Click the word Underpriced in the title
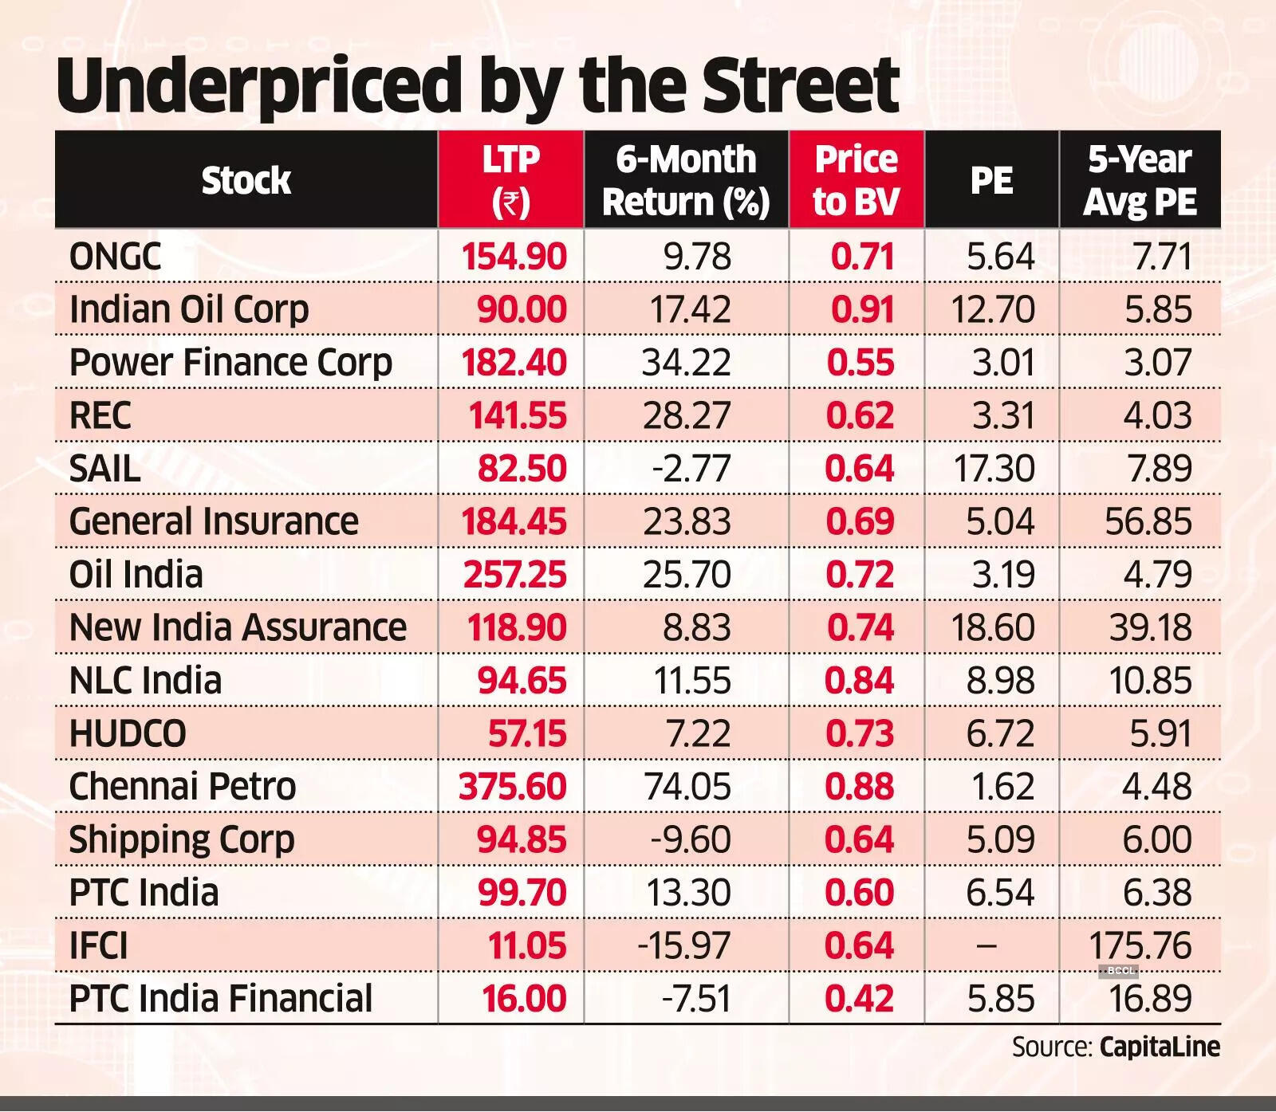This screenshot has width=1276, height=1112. point(259,86)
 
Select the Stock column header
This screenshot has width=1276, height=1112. point(246,181)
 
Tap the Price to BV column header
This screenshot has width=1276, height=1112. point(856,181)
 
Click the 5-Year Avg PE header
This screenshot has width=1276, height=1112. point(1140,181)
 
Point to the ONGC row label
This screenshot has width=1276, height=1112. point(116,257)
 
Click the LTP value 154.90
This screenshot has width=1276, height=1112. point(514,257)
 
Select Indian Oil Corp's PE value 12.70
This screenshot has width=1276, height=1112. point(993,309)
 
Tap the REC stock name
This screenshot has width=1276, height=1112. point(100,415)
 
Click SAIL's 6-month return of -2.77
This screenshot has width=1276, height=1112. point(691,468)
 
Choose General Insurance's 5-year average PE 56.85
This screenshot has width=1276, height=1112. point(1148,521)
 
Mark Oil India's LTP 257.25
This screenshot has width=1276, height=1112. point(515,574)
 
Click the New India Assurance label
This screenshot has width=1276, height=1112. point(238,627)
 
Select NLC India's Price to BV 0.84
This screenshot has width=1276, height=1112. point(860,680)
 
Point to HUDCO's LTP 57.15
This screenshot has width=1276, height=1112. point(527,733)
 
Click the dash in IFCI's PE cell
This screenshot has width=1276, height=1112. point(987,945)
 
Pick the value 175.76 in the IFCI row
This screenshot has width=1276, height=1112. point(1140,945)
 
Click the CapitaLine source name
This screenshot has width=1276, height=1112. point(1160,1047)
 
